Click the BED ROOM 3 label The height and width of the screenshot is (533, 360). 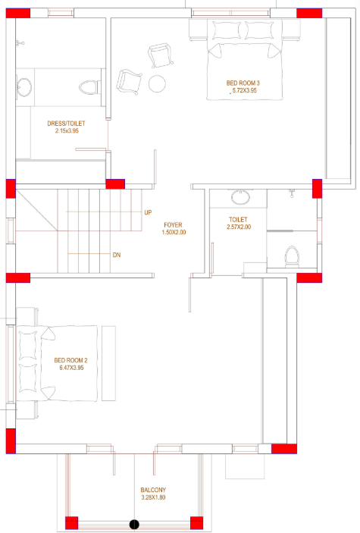click(x=243, y=83)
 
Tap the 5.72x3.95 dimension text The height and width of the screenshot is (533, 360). click(x=243, y=91)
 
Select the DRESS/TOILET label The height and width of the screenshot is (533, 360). click(x=67, y=123)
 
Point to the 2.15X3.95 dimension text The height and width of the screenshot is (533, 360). click(x=67, y=131)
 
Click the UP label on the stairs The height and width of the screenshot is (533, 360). click(x=149, y=212)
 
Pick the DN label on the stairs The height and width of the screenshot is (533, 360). click(x=117, y=255)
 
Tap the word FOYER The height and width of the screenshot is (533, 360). click(x=174, y=225)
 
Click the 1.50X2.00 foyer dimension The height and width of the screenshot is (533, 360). click(x=174, y=233)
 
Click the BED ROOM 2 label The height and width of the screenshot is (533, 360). click(x=71, y=360)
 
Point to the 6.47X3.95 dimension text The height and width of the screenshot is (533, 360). click(x=71, y=368)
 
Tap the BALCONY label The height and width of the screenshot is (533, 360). click(x=153, y=490)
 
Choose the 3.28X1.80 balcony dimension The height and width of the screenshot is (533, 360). click(x=153, y=498)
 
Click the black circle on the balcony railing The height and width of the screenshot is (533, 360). click(x=134, y=524)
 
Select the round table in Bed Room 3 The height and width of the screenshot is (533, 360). click(x=157, y=83)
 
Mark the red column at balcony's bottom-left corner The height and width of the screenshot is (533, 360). click(x=72, y=522)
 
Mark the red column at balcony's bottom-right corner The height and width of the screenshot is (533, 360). click(x=196, y=522)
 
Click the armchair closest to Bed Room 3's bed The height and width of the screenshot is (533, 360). click(x=161, y=55)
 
